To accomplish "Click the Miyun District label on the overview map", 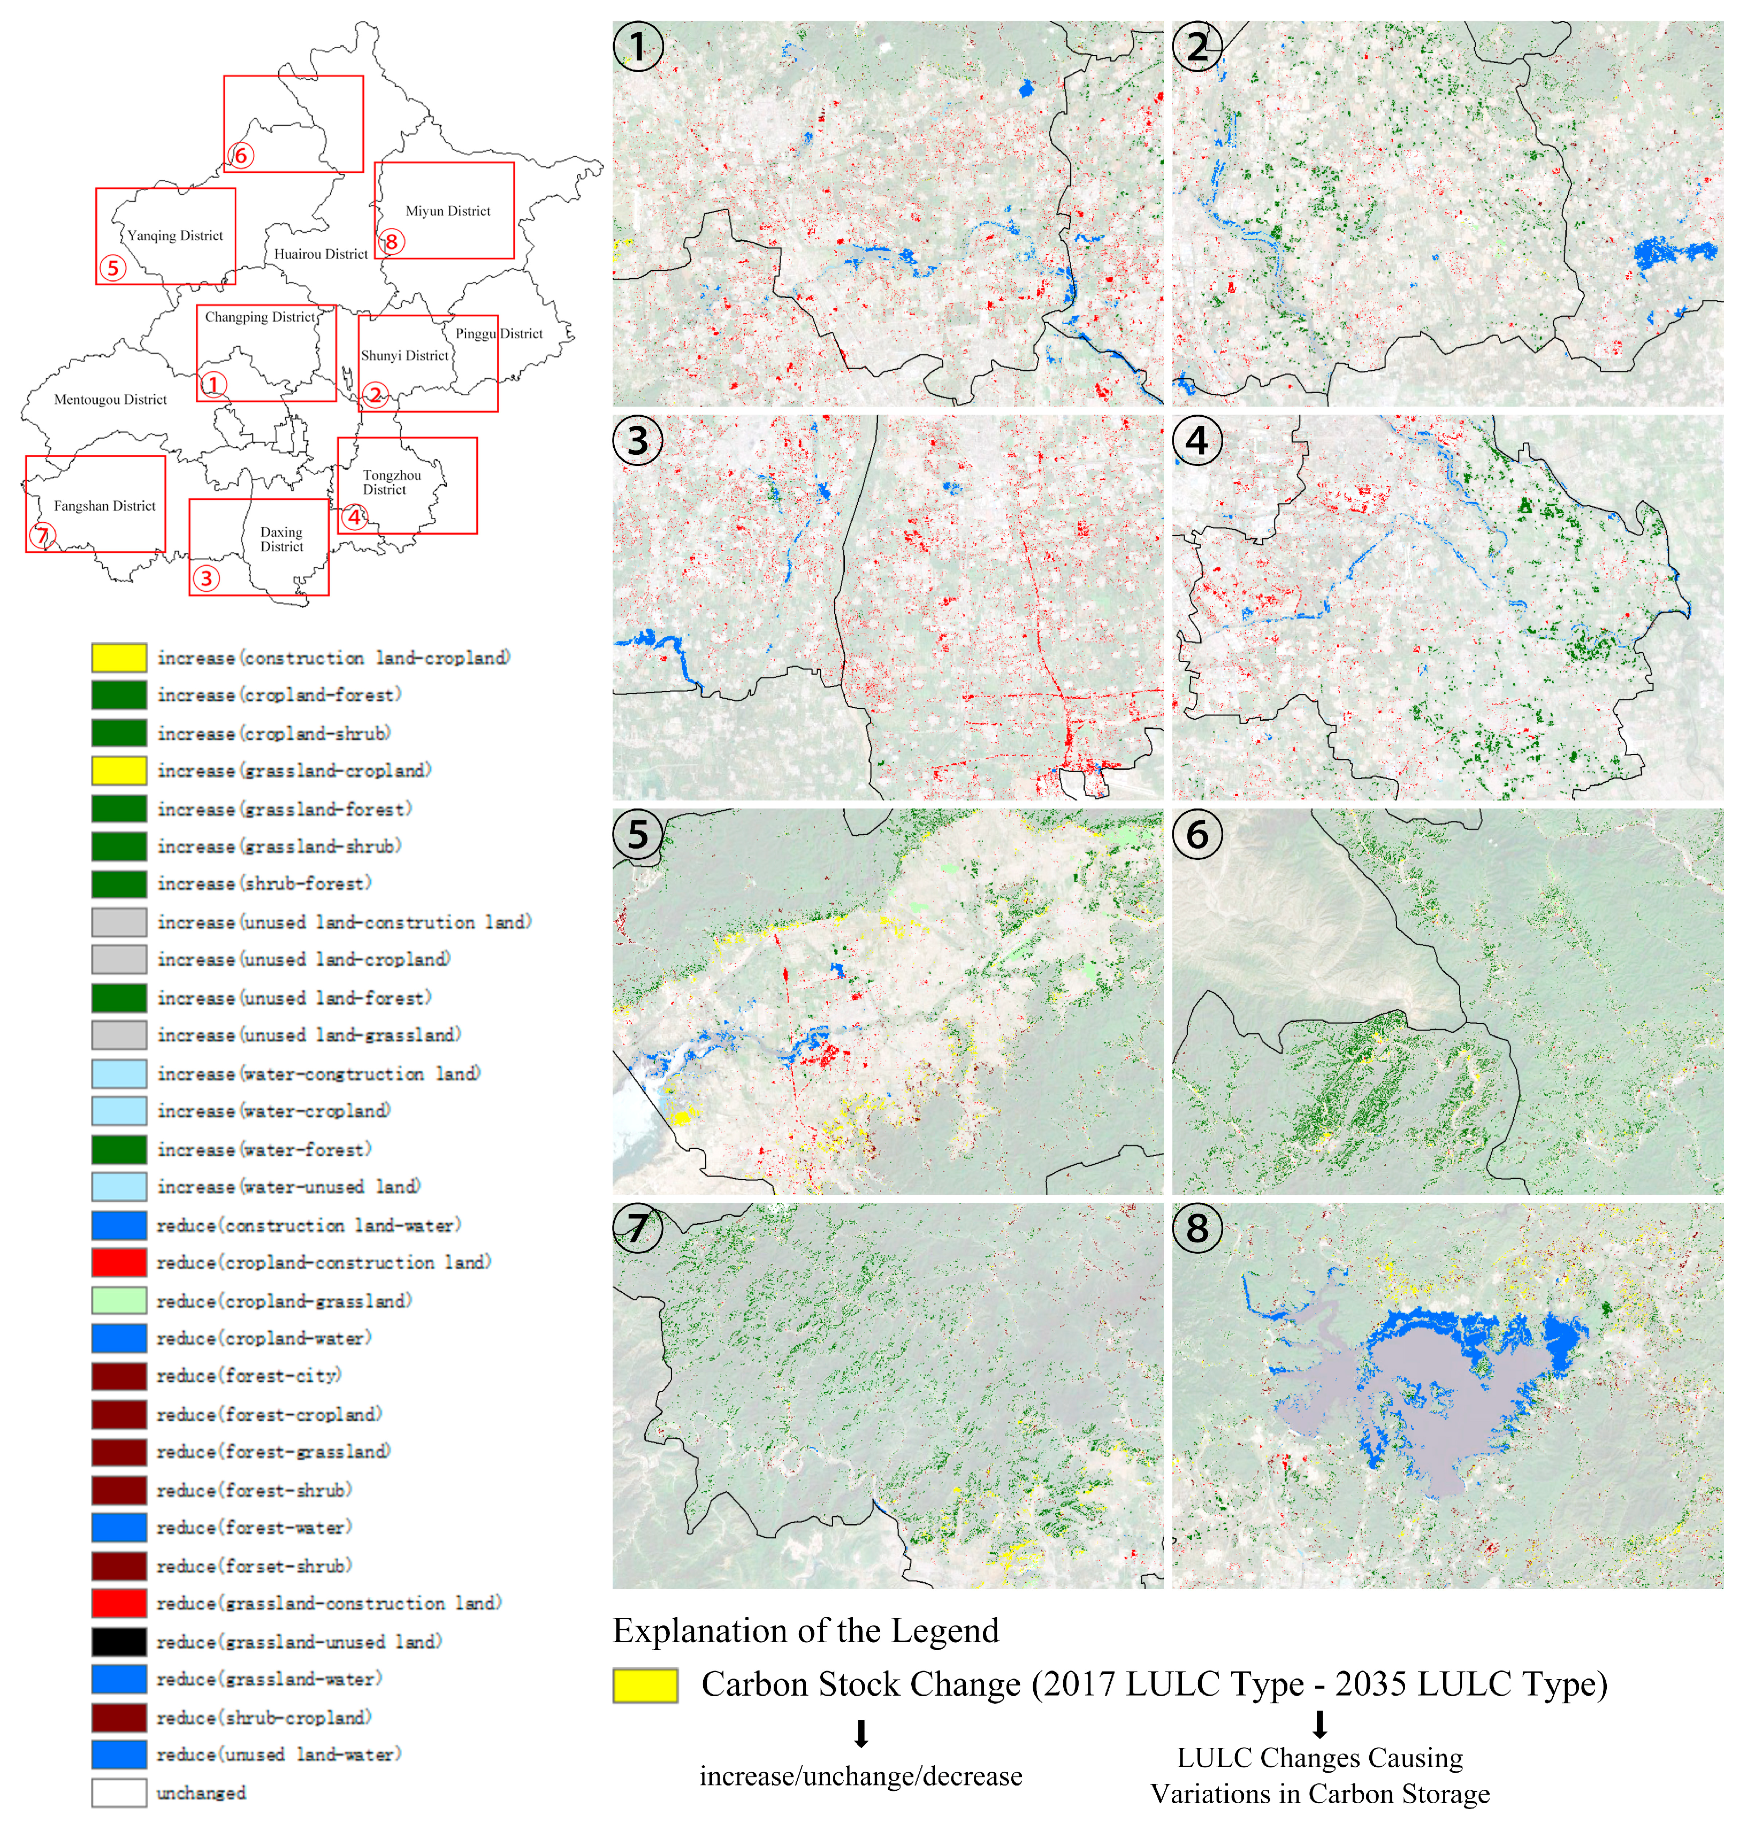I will pos(448,211).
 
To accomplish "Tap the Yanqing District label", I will pos(175,235).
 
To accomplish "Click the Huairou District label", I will pos(321,254).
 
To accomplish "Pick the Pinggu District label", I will pos(499,333).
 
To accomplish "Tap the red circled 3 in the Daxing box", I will pos(207,578).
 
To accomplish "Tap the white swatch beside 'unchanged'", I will pos(119,1793).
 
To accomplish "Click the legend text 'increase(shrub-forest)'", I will pos(264,883).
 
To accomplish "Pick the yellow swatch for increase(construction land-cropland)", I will pos(119,658).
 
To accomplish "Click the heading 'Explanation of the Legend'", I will pos(805,1631).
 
